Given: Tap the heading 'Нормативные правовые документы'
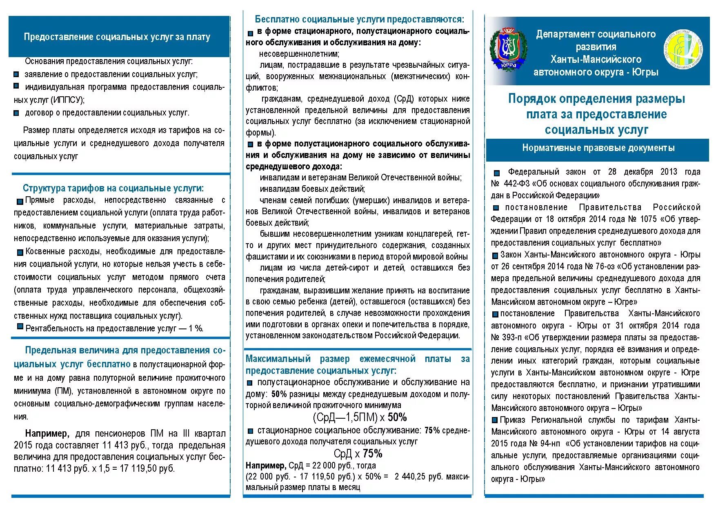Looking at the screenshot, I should click(598, 148).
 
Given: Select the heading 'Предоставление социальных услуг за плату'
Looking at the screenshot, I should click(117, 37).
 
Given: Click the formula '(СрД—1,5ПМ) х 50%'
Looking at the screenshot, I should click(360, 417).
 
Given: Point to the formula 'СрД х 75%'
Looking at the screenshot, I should click(358, 453).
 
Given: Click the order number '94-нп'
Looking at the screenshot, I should click(551, 444).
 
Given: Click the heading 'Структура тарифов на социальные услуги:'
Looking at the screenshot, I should click(113, 188).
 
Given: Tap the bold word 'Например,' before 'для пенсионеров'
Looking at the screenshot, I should click(47, 433).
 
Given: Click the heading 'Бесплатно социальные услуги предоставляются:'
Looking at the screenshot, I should click(359, 19).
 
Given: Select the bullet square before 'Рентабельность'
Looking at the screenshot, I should click(20, 326).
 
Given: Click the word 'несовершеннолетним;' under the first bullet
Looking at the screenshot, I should click(299, 54).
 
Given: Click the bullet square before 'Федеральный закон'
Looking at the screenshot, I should click(496, 173).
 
